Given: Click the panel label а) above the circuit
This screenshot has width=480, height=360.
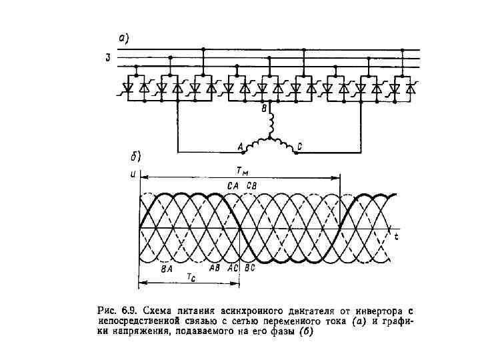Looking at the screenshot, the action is (x=123, y=39).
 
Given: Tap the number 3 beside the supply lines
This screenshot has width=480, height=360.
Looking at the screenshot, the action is (x=107, y=58).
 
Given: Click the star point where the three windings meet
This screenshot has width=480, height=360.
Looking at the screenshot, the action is (x=270, y=139).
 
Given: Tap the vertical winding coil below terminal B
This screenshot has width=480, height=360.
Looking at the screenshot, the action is (x=270, y=124).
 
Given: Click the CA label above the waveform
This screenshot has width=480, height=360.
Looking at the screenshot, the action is (x=233, y=185).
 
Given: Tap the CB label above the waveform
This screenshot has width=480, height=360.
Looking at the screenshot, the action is (x=254, y=185).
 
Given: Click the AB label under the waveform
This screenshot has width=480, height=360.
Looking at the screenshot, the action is (x=215, y=268).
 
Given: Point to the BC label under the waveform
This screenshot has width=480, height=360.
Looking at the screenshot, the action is (x=250, y=268).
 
